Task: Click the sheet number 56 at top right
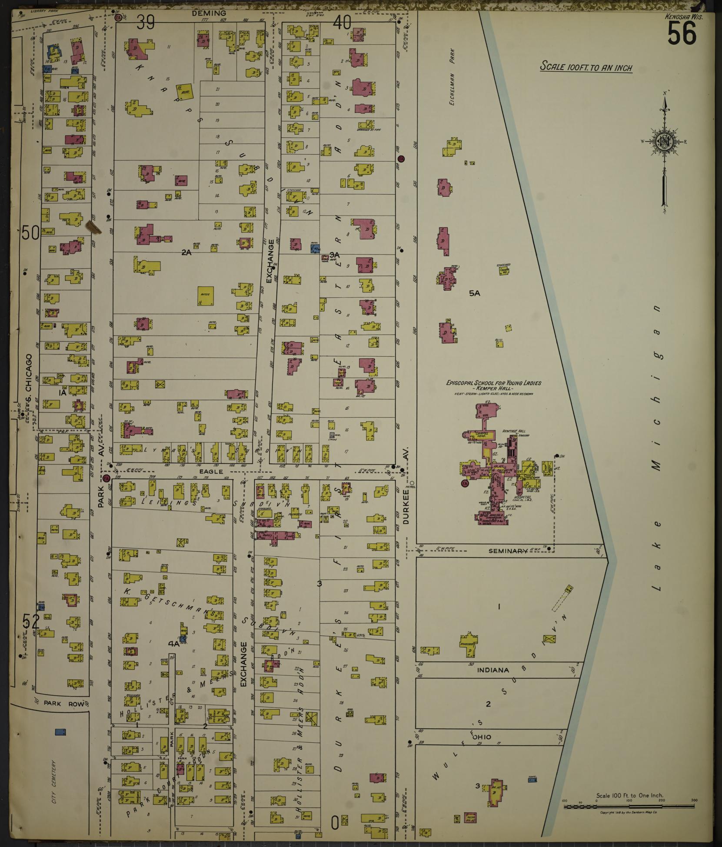click(x=682, y=33)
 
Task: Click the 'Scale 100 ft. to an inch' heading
click(x=586, y=67)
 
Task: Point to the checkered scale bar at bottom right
click(x=629, y=807)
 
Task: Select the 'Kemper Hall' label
click(x=493, y=389)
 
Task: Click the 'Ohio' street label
click(x=482, y=737)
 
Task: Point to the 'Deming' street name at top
click(x=209, y=13)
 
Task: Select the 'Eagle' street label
click(x=212, y=472)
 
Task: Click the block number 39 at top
click(x=146, y=23)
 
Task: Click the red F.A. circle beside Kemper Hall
click(x=465, y=483)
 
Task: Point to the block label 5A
click(x=474, y=293)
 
